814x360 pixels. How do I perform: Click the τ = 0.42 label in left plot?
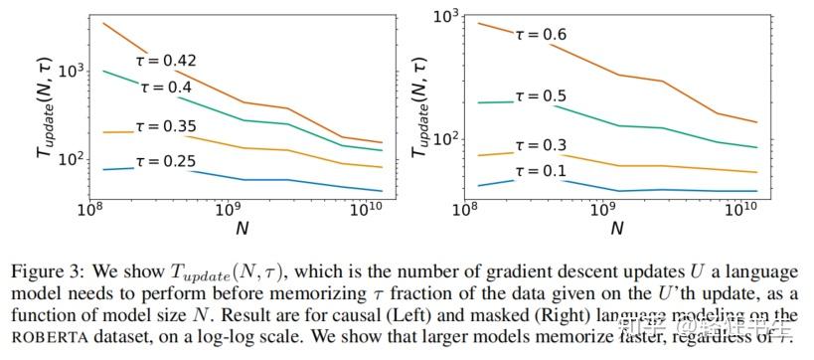tap(165, 61)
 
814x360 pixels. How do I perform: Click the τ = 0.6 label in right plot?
tap(541, 34)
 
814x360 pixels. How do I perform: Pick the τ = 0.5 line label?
tap(541, 96)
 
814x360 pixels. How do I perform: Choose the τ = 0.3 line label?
tap(541, 146)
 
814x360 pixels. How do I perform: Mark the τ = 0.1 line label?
tap(541, 171)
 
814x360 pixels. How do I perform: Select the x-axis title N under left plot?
tap(242, 229)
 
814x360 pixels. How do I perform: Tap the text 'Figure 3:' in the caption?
tap(45, 272)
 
